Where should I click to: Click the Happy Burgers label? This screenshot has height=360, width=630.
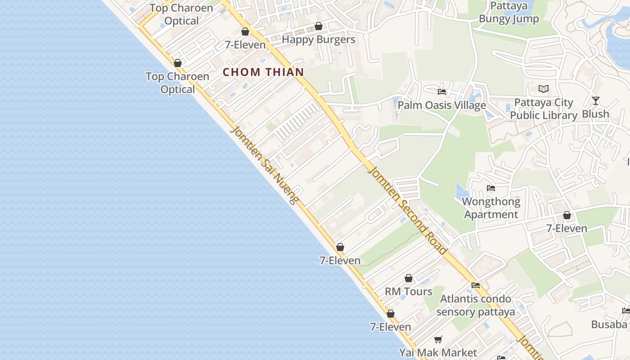[x=318, y=40]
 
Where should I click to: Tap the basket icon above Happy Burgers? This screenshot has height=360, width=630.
[x=319, y=26]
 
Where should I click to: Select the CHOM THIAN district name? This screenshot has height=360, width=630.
[x=263, y=72]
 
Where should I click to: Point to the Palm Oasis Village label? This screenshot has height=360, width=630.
[x=441, y=105]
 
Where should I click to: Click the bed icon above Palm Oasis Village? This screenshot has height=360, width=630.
[x=442, y=92]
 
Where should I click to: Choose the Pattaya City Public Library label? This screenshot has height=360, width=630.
[x=544, y=109]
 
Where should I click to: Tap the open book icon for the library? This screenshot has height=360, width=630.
[x=544, y=89]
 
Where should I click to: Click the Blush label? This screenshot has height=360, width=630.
[x=595, y=114]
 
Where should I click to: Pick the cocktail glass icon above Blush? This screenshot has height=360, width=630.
[x=596, y=100]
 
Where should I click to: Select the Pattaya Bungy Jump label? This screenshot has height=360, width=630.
[x=508, y=13]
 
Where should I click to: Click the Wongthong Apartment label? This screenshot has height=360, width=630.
[x=491, y=208]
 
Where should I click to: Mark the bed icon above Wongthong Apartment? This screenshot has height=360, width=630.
[x=491, y=188]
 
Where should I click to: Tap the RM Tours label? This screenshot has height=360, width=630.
[x=408, y=292]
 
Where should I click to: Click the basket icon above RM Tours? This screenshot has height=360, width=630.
[x=409, y=278]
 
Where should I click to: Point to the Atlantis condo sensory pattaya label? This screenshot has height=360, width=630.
[x=476, y=305]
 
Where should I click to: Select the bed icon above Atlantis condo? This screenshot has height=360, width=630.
[x=476, y=285]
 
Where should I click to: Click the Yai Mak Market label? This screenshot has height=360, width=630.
[x=438, y=352]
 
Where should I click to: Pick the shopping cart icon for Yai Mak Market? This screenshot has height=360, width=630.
[x=438, y=339]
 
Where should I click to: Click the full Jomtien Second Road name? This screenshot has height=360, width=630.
[x=408, y=210]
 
